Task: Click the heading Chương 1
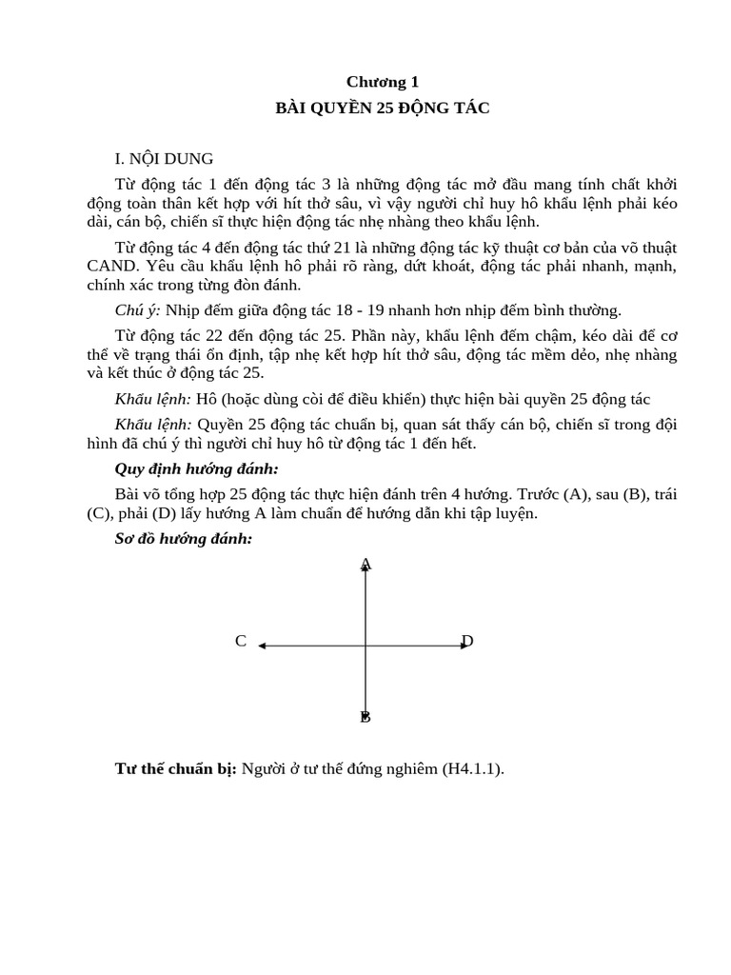point(382,82)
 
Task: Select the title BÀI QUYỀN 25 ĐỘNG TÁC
point(382,108)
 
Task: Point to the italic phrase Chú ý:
point(138,309)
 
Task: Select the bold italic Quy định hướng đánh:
point(196,468)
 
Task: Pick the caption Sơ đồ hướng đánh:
point(183,539)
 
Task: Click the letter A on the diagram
point(366,564)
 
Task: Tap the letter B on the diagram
point(365,717)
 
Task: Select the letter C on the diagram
point(241,642)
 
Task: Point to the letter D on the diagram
point(467,642)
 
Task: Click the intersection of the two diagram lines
point(366,646)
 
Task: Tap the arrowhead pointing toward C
point(262,646)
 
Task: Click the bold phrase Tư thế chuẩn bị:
point(176,768)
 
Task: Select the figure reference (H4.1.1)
point(470,768)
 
